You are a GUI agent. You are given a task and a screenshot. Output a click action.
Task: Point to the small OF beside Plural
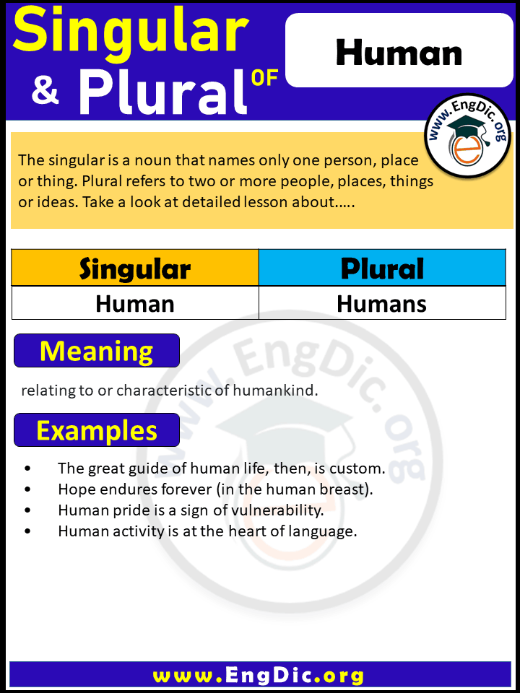click(x=264, y=78)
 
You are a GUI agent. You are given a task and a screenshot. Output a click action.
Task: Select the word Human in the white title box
click(x=399, y=53)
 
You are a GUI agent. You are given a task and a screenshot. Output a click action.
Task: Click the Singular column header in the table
click(x=135, y=268)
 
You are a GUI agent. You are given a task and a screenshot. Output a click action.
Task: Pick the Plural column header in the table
click(x=382, y=268)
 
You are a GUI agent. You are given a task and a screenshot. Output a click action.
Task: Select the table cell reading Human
click(x=135, y=303)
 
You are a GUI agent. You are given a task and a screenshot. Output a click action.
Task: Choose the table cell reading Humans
click(x=382, y=303)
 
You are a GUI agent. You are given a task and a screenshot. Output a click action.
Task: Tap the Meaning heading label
click(x=97, y=351)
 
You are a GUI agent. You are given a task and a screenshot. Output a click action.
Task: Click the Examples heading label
click(x=97, y=431)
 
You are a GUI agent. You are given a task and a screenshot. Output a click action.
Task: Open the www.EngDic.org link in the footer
click(x=259, y=676)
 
